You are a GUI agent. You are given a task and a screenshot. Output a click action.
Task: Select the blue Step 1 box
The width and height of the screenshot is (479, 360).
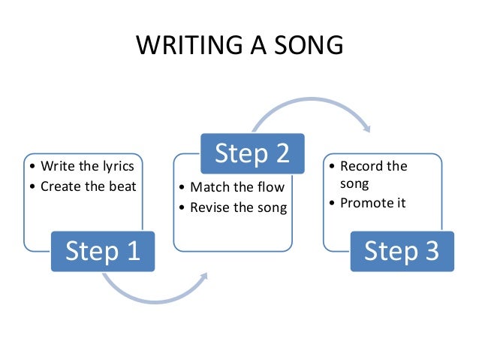click(103, 250)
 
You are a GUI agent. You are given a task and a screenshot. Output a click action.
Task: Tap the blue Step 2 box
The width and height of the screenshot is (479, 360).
click(252, 153)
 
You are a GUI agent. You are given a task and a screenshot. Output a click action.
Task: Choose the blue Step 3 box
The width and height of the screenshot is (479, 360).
click(402, 250)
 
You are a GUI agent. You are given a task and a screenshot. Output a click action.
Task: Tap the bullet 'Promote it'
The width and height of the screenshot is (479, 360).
click(374, 203)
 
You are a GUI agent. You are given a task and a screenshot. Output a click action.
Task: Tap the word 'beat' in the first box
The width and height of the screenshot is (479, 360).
click(123, 186)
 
